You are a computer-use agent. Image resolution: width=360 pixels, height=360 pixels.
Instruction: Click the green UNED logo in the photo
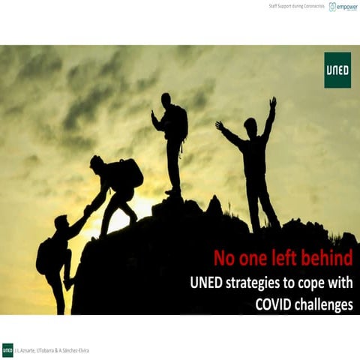(x=337, y=70)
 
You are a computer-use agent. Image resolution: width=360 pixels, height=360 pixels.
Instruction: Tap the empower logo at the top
(x=343, y=7)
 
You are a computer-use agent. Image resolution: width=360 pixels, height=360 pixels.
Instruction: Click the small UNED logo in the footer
(x=7, y=349)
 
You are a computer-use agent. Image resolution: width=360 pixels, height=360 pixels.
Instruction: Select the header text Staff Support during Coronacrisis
(x=296, y=7)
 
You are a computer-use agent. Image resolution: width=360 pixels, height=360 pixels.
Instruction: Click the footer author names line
(x=52, y=350)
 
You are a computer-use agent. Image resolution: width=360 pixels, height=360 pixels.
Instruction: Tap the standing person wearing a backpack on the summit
(x=172, y=139)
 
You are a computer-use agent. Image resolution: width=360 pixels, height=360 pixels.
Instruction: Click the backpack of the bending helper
(x=131, y=172)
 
